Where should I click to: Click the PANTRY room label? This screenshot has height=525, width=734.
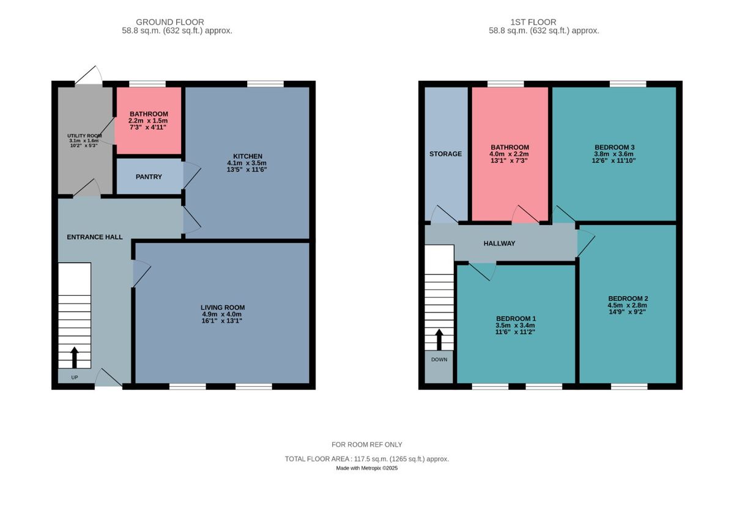(149, 177)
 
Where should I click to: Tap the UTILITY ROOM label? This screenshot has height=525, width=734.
(84, 136)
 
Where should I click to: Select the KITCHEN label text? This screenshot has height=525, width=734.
(247, 156)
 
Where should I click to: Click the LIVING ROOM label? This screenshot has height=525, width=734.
(222, 307)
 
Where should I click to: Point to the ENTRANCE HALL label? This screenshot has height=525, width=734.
(94, 237)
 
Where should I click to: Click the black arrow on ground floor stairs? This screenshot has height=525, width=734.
(75, 357)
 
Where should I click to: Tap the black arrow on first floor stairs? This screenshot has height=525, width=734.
(439, 339)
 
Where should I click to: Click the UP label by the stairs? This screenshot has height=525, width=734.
(75, 377)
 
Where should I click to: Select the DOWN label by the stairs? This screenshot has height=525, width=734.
(439, 359)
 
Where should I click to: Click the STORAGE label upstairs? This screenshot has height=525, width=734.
(445, 154)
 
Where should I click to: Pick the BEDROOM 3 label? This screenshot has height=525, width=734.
(614, 147)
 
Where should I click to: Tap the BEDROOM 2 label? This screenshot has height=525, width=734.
(627, 298)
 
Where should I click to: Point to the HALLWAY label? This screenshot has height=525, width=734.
(499, 243)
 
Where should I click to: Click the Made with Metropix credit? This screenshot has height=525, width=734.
(366, 468)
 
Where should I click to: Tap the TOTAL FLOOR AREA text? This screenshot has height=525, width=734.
(366, 458)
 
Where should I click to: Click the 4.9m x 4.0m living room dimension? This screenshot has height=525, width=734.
(222, 315)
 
